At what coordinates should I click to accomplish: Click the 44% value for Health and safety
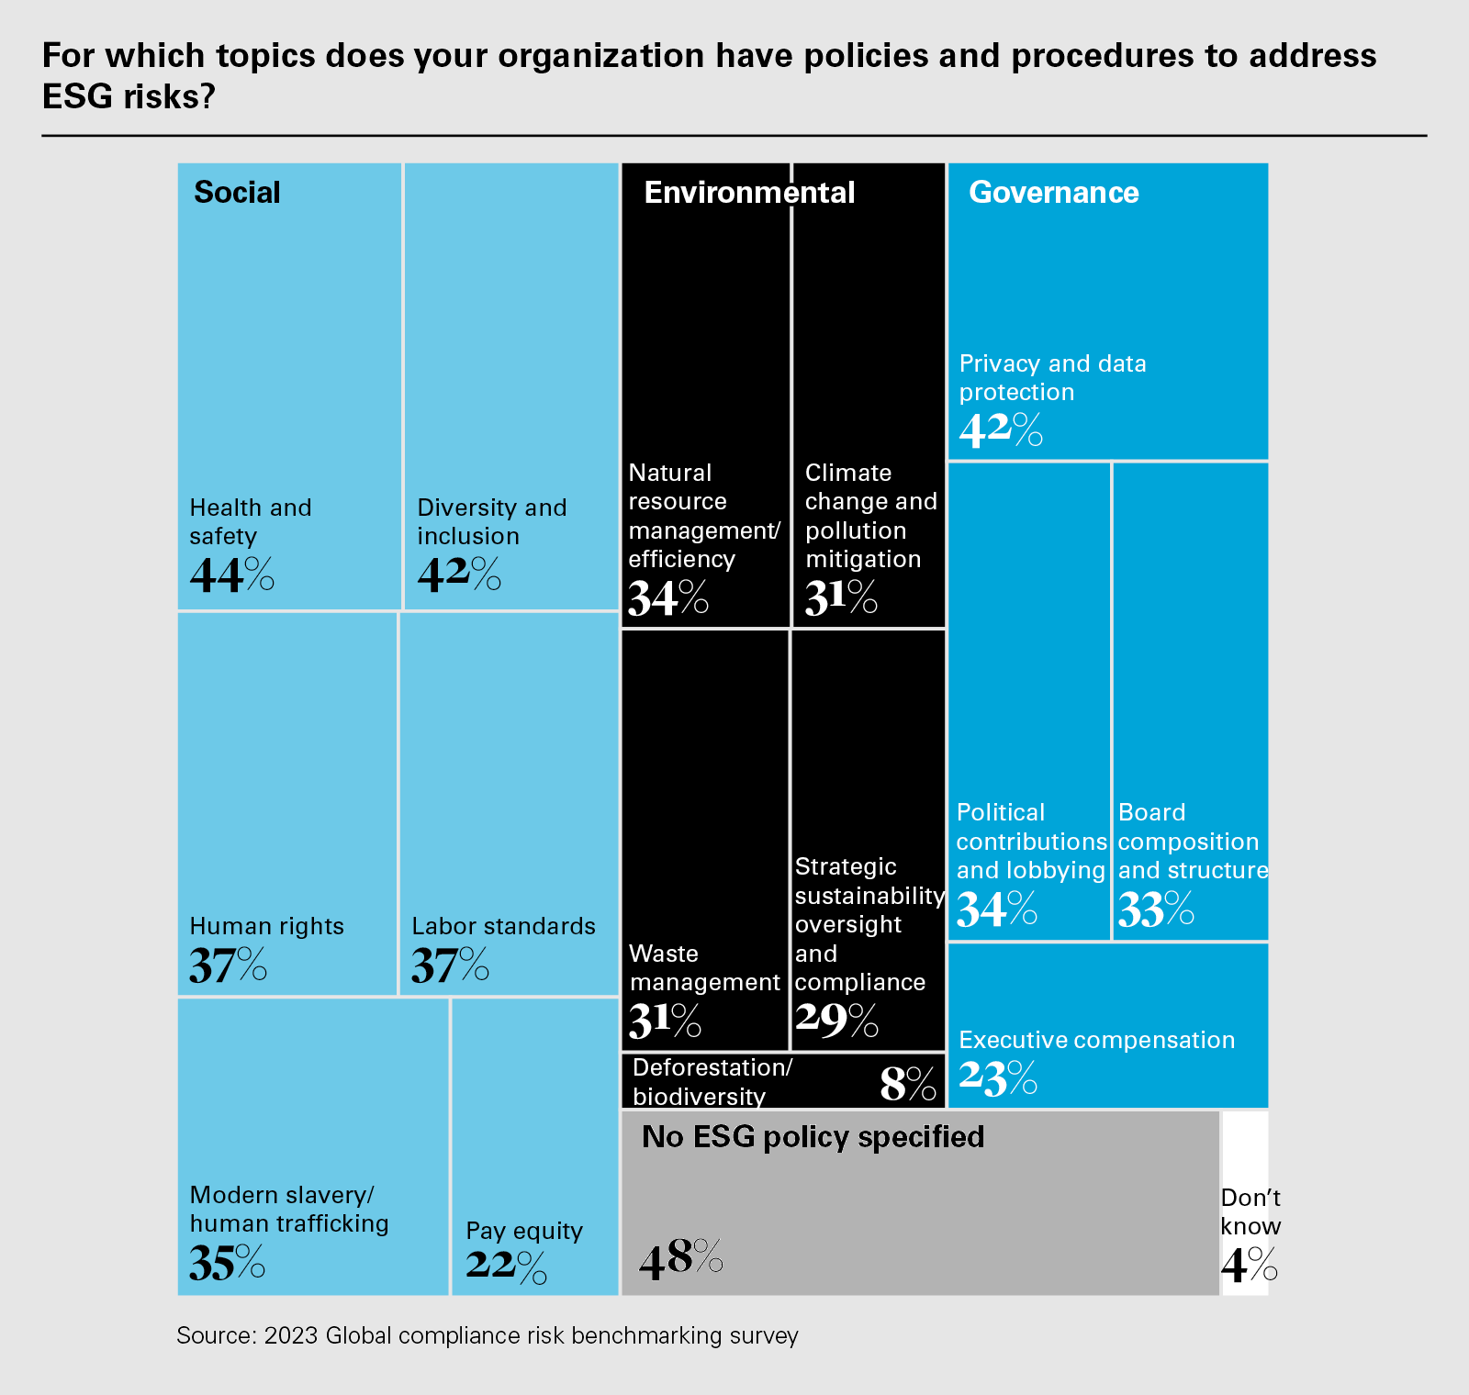[x=231, y=575]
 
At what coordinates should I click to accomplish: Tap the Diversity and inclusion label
[x=491, y=521]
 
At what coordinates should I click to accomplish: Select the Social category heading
[x=237, y=193]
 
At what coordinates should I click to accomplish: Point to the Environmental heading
[x=749, y=193]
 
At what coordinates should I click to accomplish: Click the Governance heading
[x=1053, y=193]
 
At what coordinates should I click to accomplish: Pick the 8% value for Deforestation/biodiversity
[x=907, y=1083]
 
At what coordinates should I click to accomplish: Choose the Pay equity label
[x=523, y=1231]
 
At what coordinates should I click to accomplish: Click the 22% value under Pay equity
[x=506, y=1267]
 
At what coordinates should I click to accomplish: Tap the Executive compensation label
[x=1096, y=1040]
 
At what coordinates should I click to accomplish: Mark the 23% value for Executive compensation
[x=998, y=1077]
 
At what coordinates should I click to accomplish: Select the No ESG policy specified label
[x=813, y=1137]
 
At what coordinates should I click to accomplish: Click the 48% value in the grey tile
[x=680, y=1257]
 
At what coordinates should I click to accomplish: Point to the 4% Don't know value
[x=1249, y=1266]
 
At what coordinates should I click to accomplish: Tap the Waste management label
[x=703, y=967]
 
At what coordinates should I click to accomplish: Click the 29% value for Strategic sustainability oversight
[x=836, y=1020]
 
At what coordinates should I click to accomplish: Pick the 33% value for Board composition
[x=1156, y=910]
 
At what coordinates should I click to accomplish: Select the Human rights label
[x=266, y=926]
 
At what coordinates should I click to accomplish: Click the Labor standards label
[x=503, y=926]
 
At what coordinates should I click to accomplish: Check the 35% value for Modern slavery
[x=227, y=1263]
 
